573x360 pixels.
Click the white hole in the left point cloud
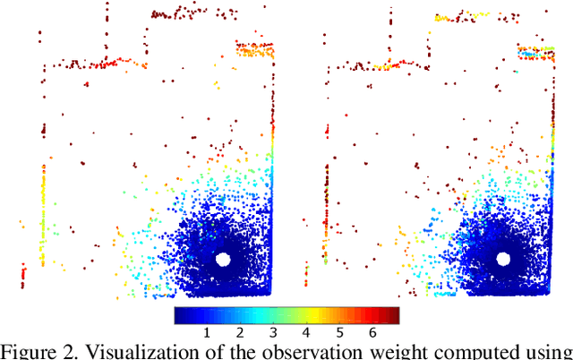tap(224, 259)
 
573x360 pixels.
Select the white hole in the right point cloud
tap(503, 259)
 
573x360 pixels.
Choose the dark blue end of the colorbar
tap(180, 315)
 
